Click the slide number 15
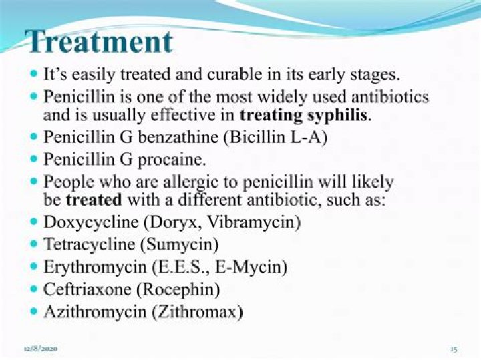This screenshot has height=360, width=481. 453,349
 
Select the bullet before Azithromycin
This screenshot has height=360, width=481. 34,311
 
